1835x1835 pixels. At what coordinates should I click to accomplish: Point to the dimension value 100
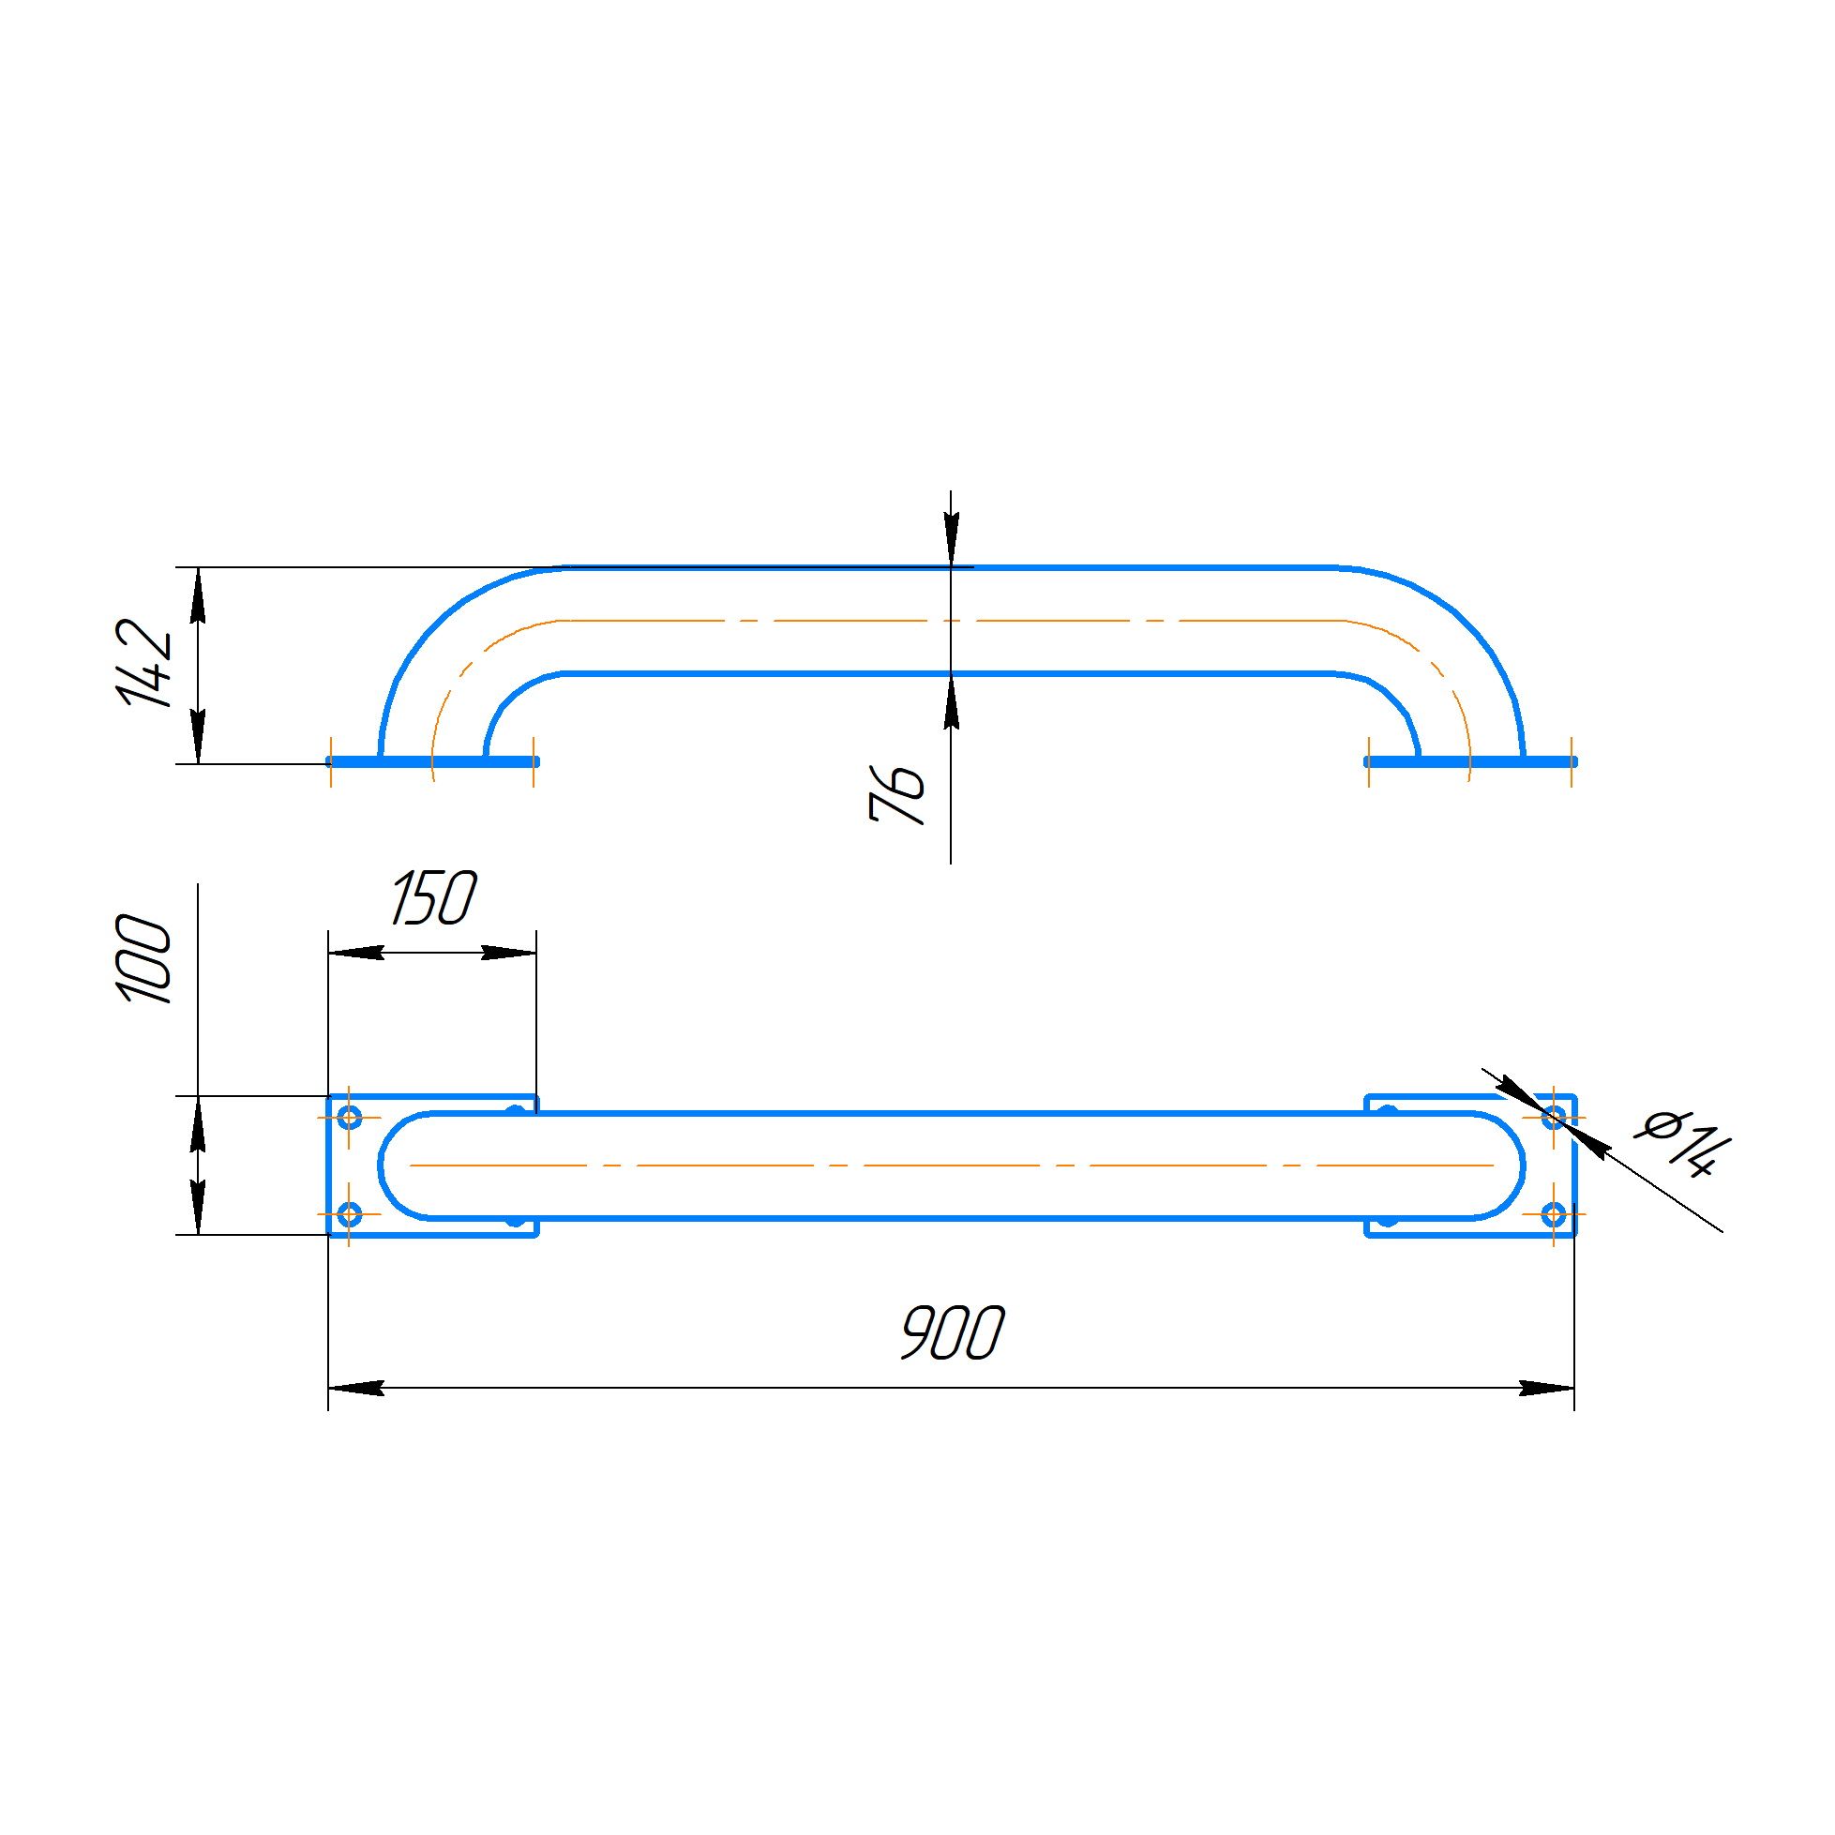[145, 960]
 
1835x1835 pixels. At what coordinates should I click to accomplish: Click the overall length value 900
[951, 1332]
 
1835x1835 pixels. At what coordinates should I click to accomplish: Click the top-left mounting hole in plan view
[351, 1117]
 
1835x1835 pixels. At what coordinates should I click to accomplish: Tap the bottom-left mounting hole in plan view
[351, 1214]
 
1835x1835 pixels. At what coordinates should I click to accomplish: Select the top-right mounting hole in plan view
[1554, 1117]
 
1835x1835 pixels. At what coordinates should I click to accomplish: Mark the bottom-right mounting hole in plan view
[1554, 1214]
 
